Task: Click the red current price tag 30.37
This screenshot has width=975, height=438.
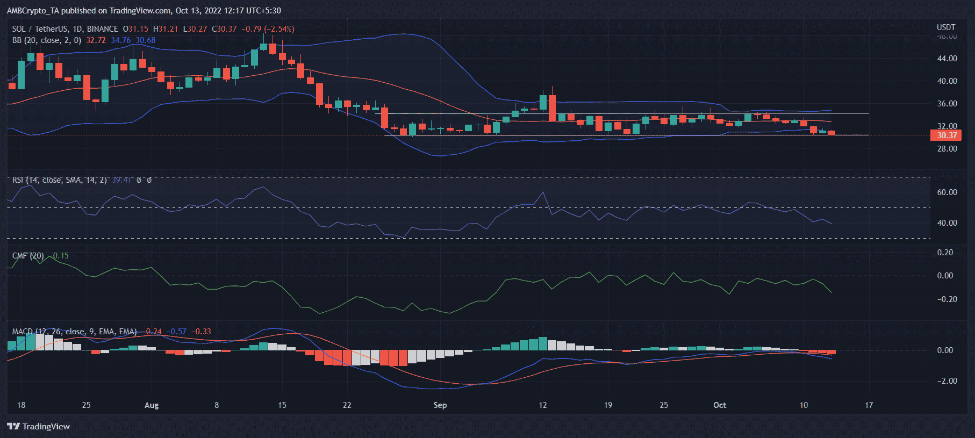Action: (945, 135)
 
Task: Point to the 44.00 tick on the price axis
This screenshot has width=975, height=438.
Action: (947, 59)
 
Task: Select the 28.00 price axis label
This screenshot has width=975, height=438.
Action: (947, 149)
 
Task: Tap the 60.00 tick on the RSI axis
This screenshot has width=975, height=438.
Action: (947, 192)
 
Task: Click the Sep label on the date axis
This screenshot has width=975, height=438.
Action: (440, 405)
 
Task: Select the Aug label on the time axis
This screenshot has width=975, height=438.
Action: (152, 405)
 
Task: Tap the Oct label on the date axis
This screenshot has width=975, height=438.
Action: (719, 405)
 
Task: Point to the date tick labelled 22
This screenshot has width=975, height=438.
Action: (347, 405)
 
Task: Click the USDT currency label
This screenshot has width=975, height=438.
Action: (946, 27)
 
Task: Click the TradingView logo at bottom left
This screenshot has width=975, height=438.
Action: (39, 426)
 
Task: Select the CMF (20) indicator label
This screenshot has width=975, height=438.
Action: (28, 256)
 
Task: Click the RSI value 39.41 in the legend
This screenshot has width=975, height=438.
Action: (121, 180)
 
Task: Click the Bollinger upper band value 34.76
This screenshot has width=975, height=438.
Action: (120, 40)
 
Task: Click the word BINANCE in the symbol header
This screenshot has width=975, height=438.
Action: (102, 29)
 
